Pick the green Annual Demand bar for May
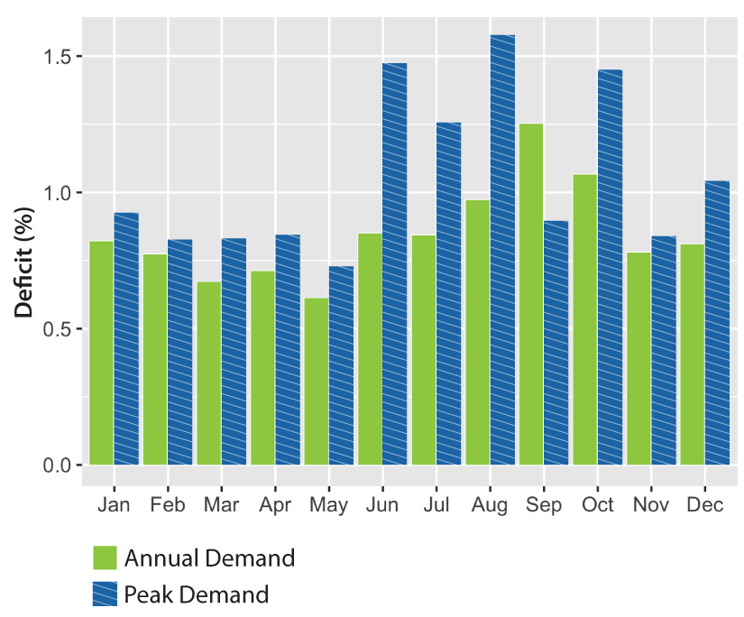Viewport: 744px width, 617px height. coord(317,379)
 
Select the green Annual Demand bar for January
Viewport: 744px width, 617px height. coord(101,353)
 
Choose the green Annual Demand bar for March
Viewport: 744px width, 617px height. coord(209,373)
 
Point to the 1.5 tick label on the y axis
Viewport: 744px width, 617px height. coord(59,57)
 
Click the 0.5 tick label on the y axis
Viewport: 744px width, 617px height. coord(59,329)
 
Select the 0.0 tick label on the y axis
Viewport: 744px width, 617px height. coord(59,465)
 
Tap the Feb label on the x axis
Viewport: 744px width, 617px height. coord(168,505)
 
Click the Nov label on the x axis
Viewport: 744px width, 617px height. coord(651,505)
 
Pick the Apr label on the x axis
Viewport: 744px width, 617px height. coord(275,505)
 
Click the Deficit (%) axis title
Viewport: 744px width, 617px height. coord(25,261)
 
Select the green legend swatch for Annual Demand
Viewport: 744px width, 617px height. coord(105,558)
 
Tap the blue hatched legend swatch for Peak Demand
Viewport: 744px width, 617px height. coord(105,594)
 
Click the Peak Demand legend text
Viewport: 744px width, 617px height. coord(197,594)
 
